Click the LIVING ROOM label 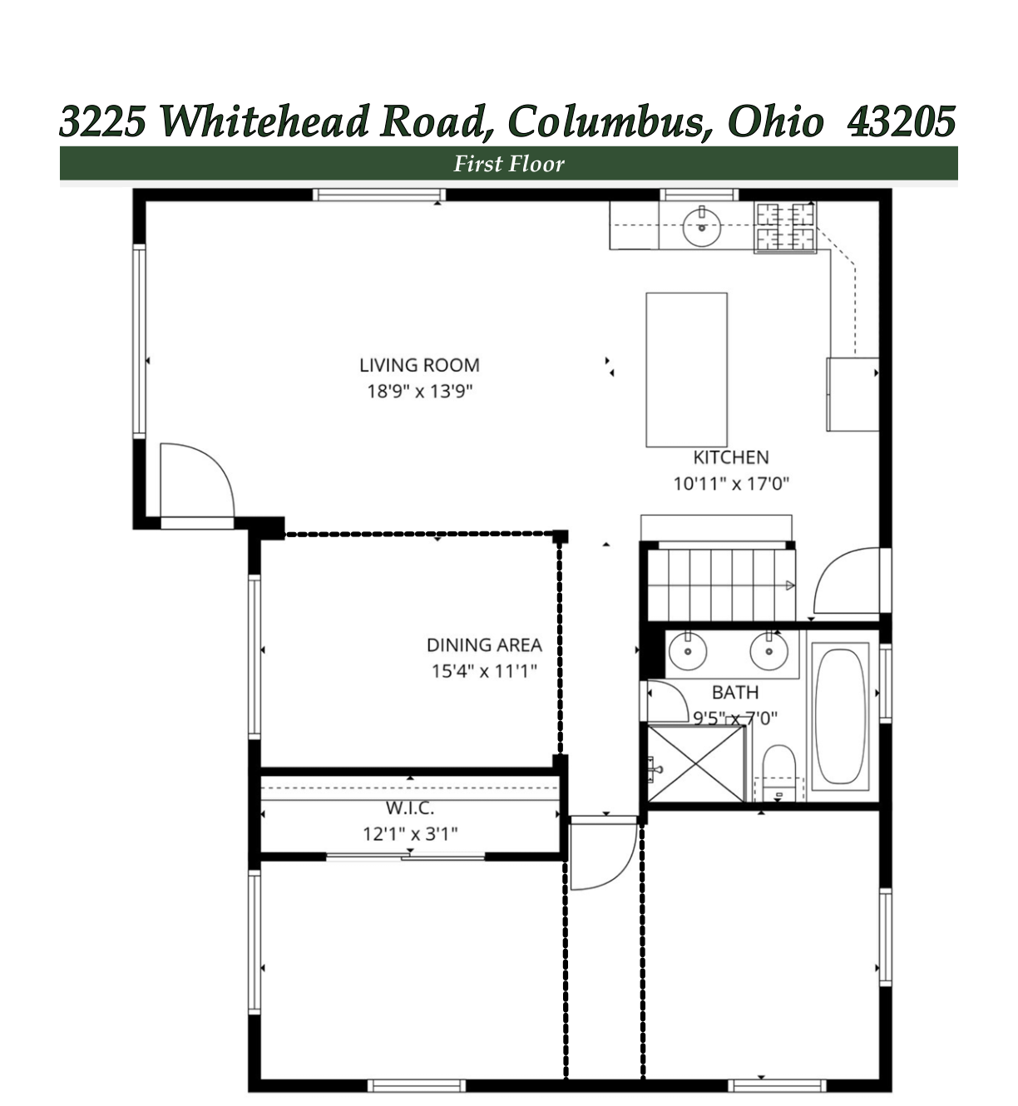(x=419, y=365)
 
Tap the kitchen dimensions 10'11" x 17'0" (x=731, y=483)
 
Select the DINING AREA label (x=484, y=644)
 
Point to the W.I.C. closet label (x=410, y=807)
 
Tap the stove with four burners (x=785, y=227)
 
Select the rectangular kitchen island (x=687, y=369)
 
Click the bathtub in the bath (x=840, y=716)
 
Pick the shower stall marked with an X (x=696, y=763)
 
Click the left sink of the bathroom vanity (x=688, y=651)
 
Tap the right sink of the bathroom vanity (x=768, y=651)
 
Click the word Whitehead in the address (x=264, y=121)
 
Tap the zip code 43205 (x=901, y=121)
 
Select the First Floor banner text (x=508, y=164)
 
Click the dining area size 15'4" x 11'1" (x=484, y=671)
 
